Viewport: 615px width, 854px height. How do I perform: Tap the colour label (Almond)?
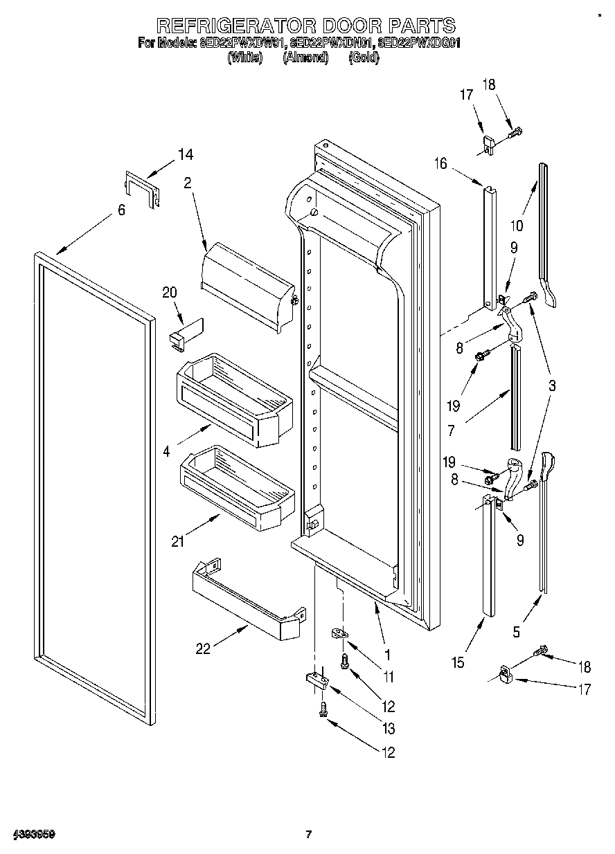[x=305, y=58]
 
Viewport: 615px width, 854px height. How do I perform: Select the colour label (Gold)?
[x=364, y=58]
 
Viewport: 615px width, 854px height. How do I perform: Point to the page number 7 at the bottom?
[x=309, y=834]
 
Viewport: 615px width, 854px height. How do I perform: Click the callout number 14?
[x=186, y=154]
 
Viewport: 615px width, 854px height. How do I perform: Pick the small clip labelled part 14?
[x=142, y=189]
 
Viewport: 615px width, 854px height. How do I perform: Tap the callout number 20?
[x=170, y=292]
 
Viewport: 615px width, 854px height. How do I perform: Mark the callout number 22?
[x=203, y=648]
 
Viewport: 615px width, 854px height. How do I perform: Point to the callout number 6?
[x=122, y=210]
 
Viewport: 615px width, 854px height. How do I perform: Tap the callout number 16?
[x=441, y=163]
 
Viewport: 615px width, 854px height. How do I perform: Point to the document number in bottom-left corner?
[x=33, y=834]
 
